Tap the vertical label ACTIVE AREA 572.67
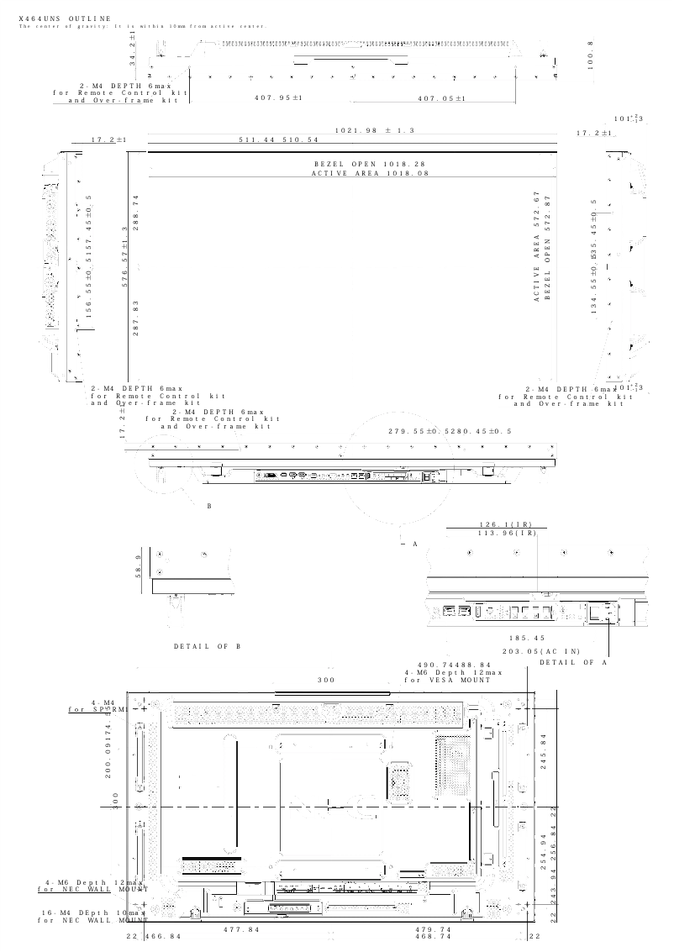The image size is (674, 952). click(x=535, y=247)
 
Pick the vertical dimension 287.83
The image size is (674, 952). click(x=135, y=318)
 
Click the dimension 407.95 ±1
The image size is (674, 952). click(x=278, y=98)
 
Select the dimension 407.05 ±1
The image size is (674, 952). click(x=441, y=98)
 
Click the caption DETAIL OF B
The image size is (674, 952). click(x=208, y=646)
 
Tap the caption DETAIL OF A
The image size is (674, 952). click(x=573, y=662)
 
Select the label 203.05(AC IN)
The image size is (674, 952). click(x=541, y=651)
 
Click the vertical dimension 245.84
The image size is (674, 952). click(x=545, y=752)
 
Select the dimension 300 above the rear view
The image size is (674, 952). click(x=326, y=679)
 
